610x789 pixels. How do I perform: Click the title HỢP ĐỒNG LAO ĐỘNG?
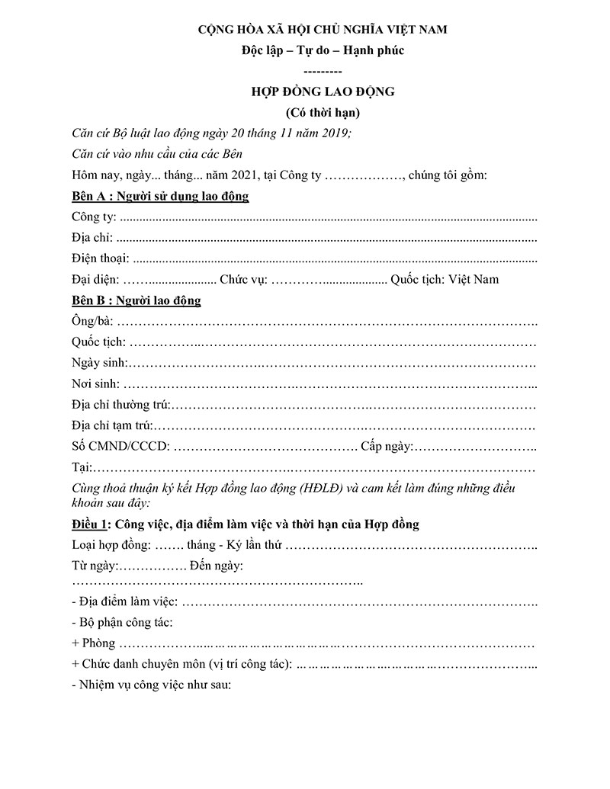[323, 92]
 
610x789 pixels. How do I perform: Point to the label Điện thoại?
[100, 258]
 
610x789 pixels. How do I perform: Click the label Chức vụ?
[243, 279]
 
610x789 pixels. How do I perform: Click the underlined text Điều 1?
[90, 524]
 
